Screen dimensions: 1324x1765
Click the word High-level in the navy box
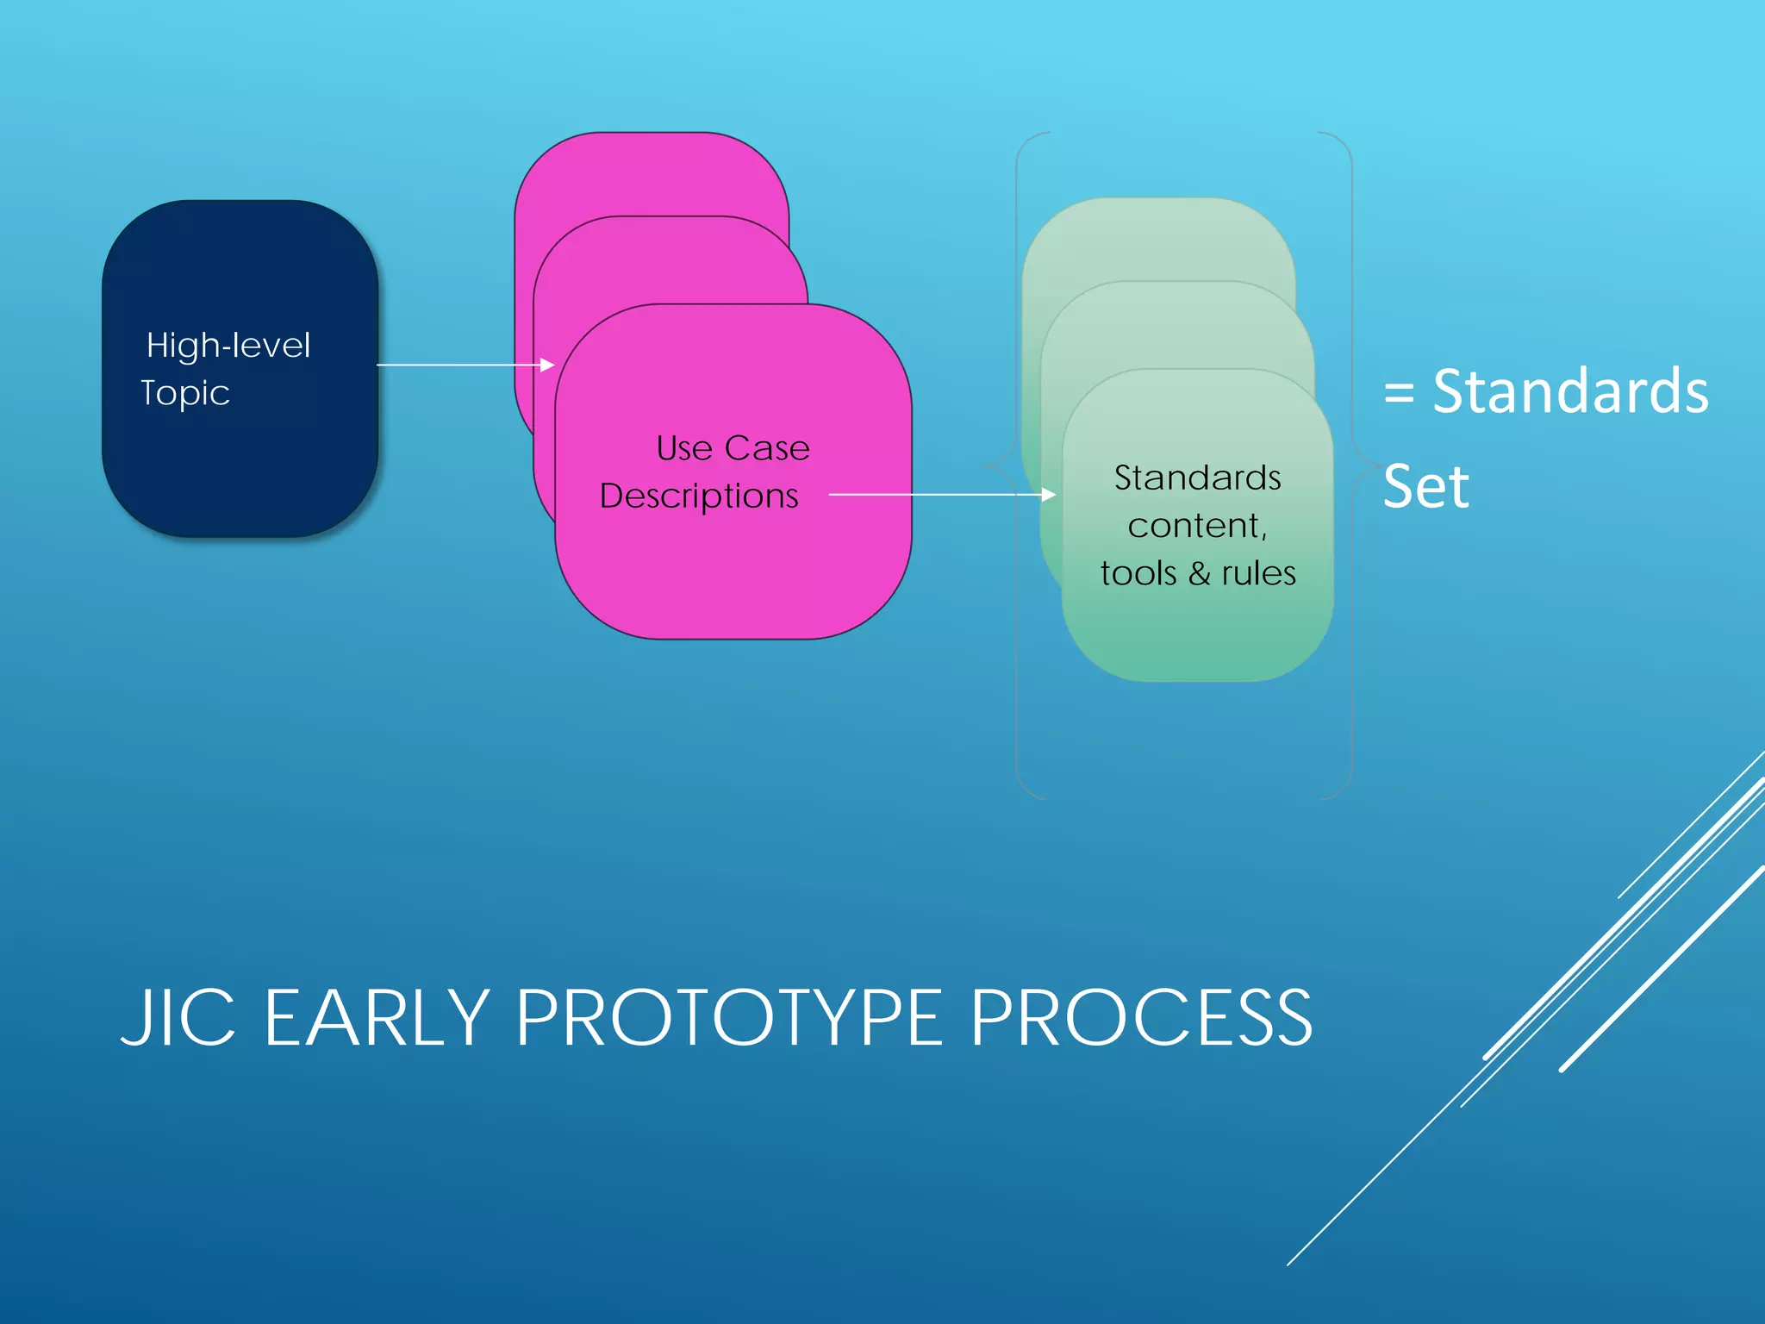click(228, 346)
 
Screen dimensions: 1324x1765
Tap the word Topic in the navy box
click(185, 393)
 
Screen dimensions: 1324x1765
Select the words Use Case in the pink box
click(733, 448)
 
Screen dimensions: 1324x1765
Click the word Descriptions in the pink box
click(699, 496)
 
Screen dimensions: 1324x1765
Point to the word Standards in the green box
click(1197, 478)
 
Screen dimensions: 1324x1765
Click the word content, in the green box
click(1197, 526)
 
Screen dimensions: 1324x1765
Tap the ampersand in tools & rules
click(1200, 573)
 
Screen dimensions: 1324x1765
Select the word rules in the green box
click(1258, 573)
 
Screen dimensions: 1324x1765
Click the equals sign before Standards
click(1400, 394)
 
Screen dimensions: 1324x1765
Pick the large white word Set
click(1425, 487)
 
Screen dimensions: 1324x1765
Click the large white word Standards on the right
click(1570, 392)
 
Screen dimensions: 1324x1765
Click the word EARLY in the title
click(377, 1018)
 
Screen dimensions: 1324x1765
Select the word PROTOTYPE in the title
click(729, 1018)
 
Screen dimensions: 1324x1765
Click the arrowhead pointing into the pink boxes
click(547, 365)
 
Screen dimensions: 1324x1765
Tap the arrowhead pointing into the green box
click(1048, 495)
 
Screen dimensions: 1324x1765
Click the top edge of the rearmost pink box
click(652, 134)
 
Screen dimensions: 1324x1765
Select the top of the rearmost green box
click(1158, 200)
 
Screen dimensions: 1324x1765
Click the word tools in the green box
click(1138, 573)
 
